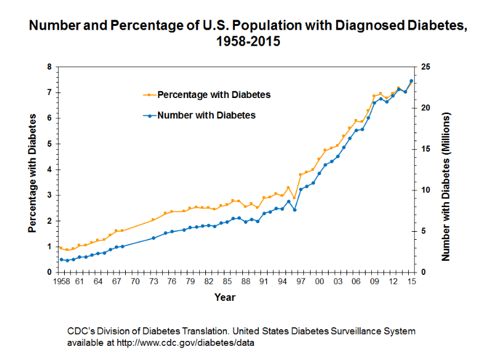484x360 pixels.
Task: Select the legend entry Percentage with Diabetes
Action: [x=214, y=95]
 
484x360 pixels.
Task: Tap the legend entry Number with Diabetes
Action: [x=206, y=115]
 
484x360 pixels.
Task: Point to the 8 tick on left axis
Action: [x=49, y=67]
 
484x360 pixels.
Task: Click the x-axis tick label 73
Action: [x=153, y=282]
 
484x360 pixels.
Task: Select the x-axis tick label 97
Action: [x=301, y=282]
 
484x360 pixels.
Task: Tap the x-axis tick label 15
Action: [x=411, y=282]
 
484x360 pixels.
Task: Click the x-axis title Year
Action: [x=224, y=298]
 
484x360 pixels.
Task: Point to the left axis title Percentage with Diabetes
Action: [x=32, y=170]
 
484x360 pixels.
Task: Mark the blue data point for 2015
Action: [x=411, y=81]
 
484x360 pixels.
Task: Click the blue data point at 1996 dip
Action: [x=295, y=210]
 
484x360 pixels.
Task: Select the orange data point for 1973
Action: [x=153, y=220]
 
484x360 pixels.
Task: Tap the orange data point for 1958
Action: [x=61, y=248]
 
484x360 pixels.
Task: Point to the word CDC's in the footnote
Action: [x=81, y=331]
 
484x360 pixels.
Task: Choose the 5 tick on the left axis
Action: [x=49, y=144]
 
